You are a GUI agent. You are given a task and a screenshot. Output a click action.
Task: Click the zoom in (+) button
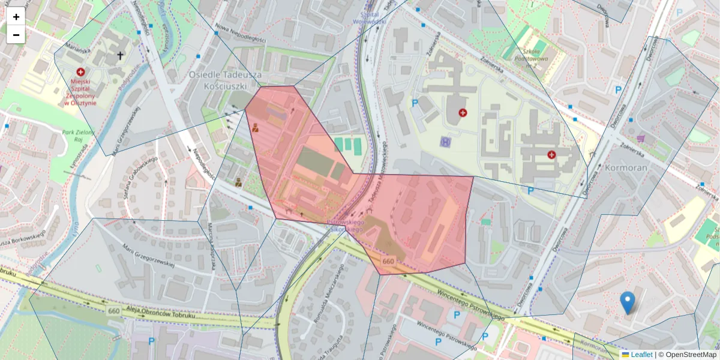16,17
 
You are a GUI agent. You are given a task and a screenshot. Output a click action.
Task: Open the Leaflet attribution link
641,355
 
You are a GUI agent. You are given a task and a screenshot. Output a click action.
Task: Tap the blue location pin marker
628,302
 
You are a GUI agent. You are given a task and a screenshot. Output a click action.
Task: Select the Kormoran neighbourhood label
626,167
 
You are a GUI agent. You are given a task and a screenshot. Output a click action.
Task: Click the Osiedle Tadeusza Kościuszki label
226,80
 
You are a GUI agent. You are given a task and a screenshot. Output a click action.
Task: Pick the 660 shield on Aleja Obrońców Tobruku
114,310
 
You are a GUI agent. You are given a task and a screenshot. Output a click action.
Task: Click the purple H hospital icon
445,142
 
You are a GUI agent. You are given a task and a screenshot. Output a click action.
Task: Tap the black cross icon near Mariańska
120,56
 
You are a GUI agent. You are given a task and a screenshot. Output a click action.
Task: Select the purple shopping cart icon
641,139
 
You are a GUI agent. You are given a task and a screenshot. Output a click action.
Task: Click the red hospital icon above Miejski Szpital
80,71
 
